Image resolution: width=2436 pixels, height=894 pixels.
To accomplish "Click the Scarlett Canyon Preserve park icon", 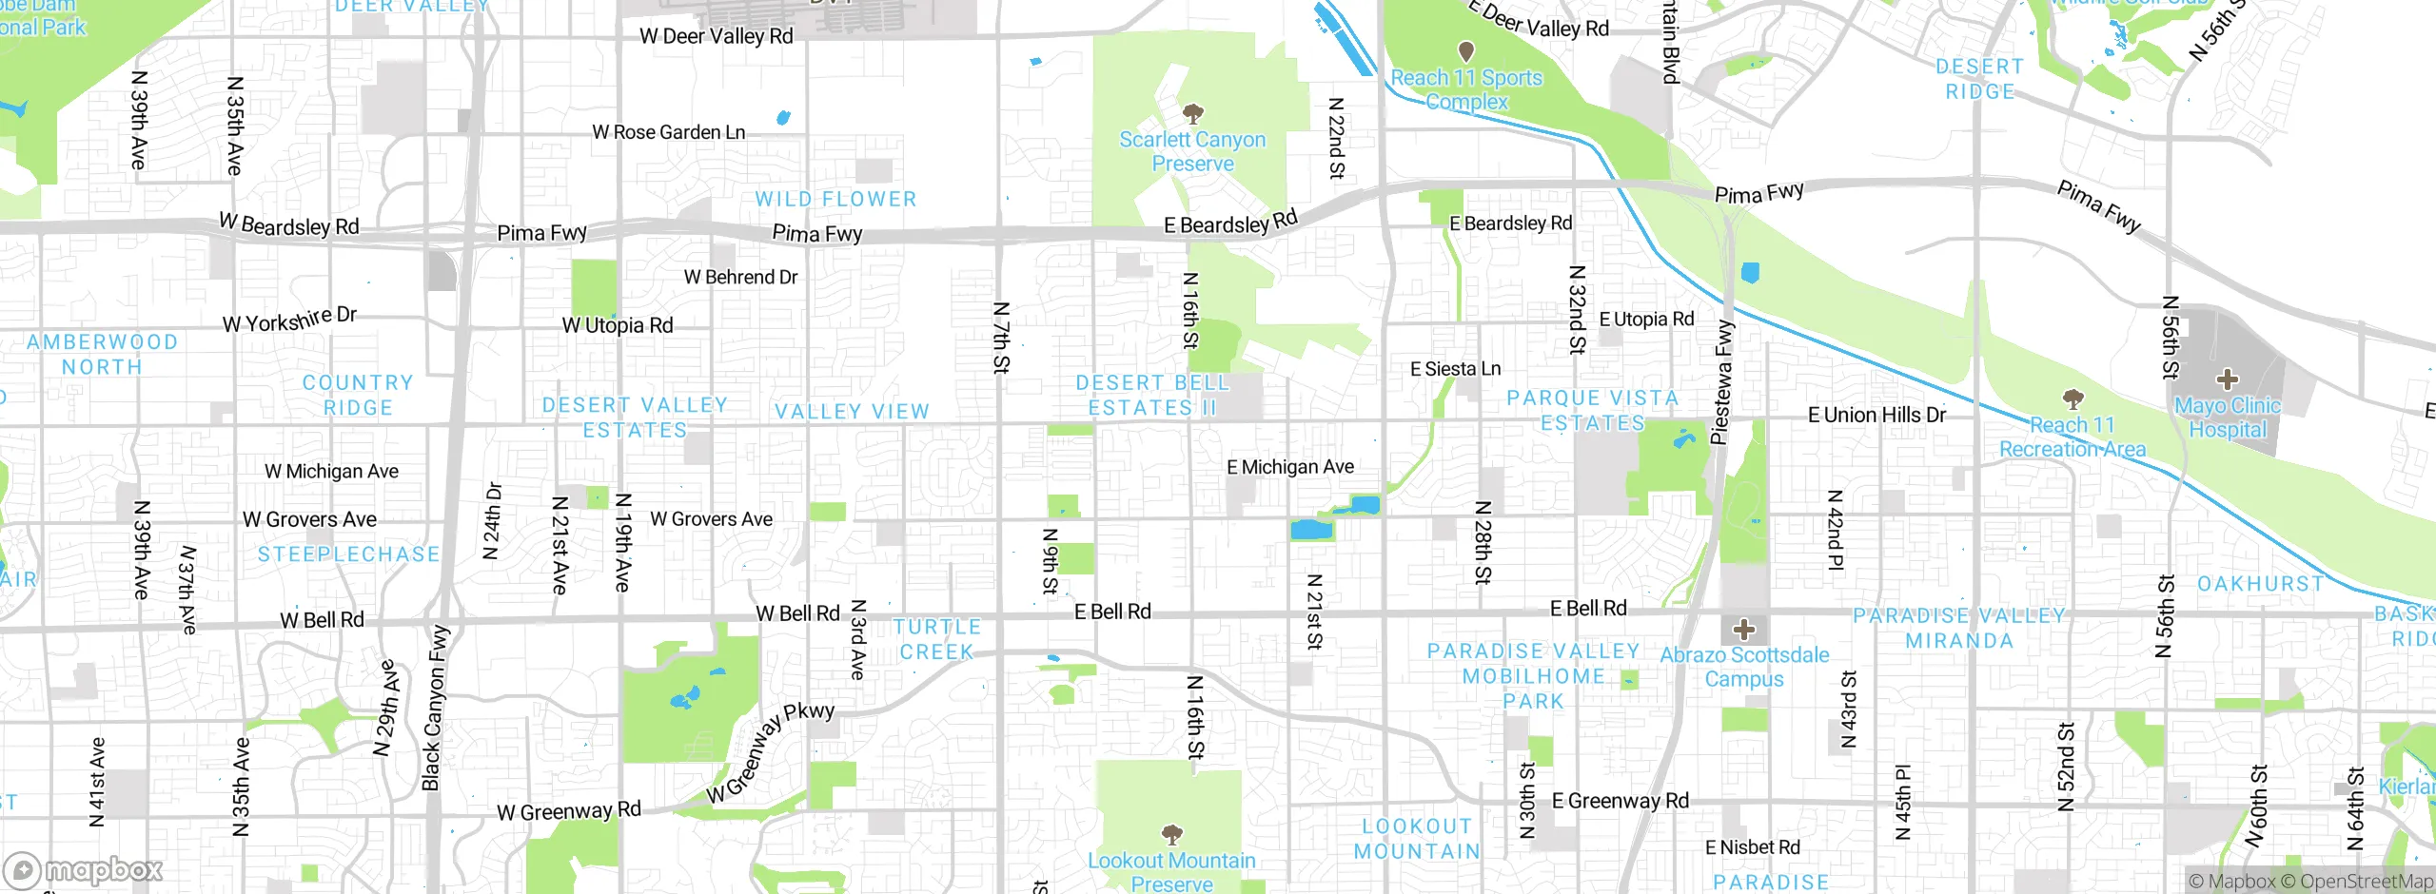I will pos(1192,114).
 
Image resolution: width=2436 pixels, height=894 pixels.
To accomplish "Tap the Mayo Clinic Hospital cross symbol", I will pos(2227,379).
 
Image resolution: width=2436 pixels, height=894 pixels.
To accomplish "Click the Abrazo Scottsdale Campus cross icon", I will pos(1743,629).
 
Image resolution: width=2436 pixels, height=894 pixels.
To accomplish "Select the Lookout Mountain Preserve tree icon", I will pos(1172,834).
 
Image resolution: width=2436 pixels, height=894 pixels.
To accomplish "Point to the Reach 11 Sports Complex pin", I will pos(1466,50).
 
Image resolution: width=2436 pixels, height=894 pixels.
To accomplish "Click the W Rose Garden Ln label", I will pos(668,132).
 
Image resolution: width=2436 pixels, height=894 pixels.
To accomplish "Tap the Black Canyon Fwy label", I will pos(435,708).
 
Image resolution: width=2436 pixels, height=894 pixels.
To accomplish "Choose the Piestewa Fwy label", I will pos(1722,382).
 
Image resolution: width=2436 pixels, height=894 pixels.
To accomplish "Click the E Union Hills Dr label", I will pos(1876,415).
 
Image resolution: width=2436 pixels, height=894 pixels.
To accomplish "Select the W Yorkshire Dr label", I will pos(289,320).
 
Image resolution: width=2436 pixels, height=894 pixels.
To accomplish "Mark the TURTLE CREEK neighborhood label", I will pos(937,639).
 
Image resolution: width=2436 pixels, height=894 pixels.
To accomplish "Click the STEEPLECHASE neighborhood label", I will pos(348,554).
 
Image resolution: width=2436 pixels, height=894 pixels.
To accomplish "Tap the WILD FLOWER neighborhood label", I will pos(835,199).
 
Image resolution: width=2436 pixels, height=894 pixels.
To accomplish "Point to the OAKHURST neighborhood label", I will pos(2260,583).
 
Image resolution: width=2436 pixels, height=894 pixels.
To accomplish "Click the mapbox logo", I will pos(84,869).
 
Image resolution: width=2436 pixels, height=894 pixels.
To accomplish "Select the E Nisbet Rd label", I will pos(1752,846).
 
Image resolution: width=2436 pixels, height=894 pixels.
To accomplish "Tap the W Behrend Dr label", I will pos(740,277).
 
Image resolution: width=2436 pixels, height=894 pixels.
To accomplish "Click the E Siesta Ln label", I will pos(1455,369).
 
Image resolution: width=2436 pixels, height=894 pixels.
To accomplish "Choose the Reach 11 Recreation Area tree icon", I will pos(2073,398).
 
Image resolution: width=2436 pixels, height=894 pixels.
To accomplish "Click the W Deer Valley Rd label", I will pos(716,36).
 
